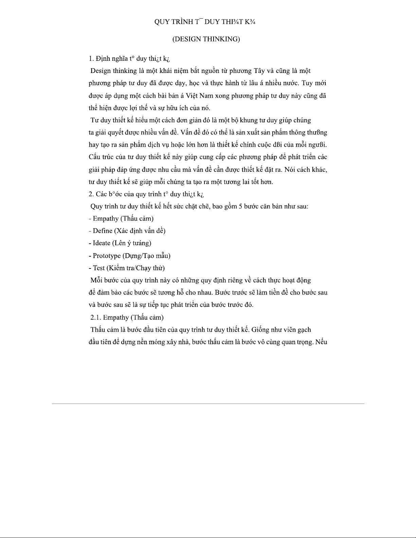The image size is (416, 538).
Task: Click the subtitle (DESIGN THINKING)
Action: click(206, 39)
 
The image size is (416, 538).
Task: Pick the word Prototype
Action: click(107, 256)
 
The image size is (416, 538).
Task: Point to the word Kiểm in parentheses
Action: click(117, 268)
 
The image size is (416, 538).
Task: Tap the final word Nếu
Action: click(321, 342)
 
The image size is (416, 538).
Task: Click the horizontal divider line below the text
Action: click(208, 404)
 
